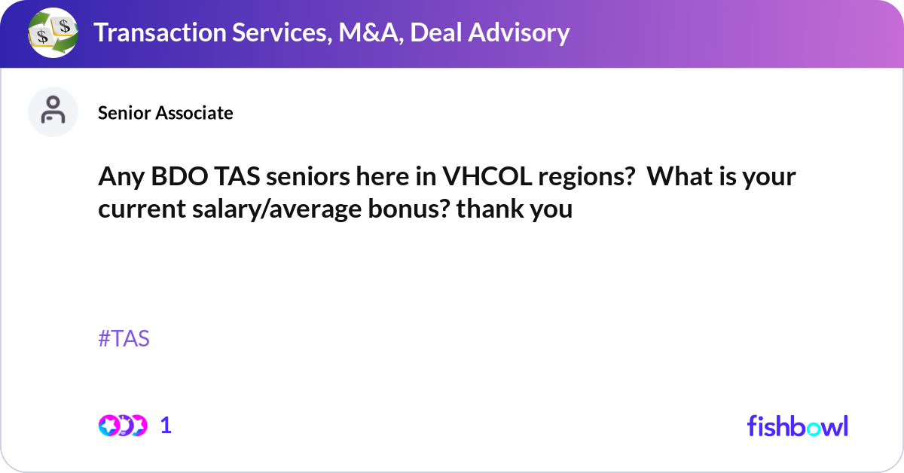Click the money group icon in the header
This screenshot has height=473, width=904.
[53, 32]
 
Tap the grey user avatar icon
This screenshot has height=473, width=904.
[53, 112]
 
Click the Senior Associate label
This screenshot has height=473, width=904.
[165, 113]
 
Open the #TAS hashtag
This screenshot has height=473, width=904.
[124, 339]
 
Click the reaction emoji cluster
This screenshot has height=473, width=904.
[122, 426]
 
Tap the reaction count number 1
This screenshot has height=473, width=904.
[166, 426]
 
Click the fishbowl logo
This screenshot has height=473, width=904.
[797, 426]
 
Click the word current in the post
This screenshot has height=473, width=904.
[137, 209]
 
